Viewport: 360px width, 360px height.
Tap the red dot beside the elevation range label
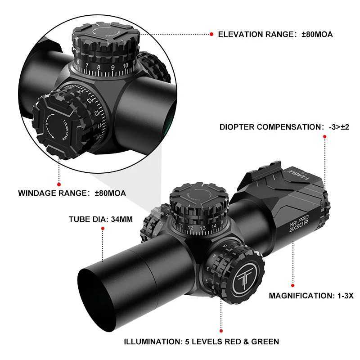(211, 34)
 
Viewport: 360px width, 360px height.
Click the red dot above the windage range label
(58, 184)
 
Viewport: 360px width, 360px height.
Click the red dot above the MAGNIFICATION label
(292, 285)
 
